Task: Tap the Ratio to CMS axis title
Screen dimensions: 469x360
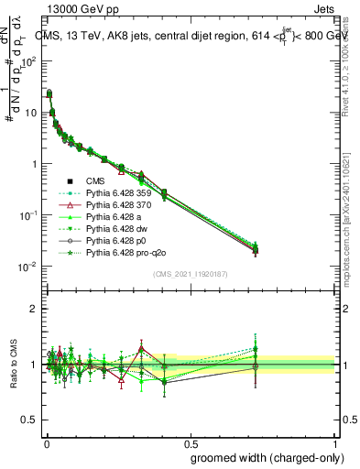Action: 12,365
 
